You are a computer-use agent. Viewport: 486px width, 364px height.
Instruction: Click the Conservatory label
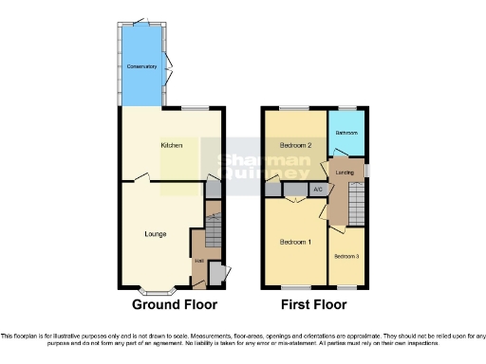coord(141,67)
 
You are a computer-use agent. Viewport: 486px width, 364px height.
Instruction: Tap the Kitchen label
coord(171,145)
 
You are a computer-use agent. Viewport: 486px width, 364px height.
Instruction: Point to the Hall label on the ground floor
coord(198,259)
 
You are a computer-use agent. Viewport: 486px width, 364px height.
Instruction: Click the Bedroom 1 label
coord(295,242)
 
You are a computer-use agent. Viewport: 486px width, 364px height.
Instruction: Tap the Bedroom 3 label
coord(345,256)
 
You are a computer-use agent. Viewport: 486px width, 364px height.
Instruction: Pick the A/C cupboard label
coord(317,190)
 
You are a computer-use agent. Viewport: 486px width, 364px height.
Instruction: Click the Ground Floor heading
coord(175,305)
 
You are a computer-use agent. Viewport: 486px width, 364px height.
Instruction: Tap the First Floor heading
coord(313,305)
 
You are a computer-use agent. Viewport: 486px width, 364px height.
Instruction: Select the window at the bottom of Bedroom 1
coord(294,286)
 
